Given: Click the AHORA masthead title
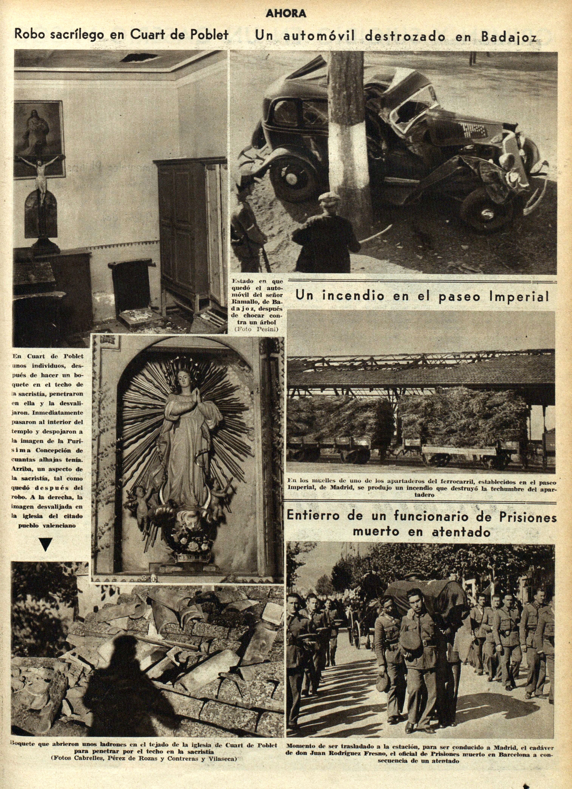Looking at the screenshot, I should (x=286, y=14).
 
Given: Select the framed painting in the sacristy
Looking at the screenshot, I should (x=39, y=139).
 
